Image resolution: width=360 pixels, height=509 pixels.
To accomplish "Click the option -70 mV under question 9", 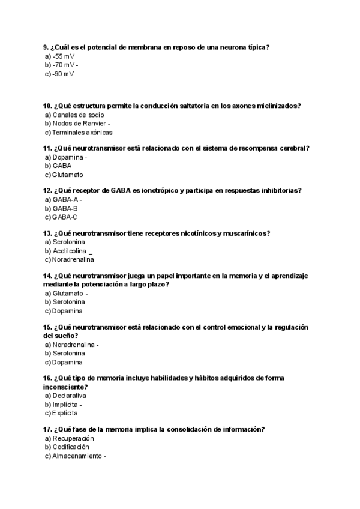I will pyautogui.click(x=63, y=65).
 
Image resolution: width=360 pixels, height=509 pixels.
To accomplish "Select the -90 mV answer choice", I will pyautogui.click(x=63, y=74).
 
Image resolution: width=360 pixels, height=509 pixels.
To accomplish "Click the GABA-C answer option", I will pyautogui.click(x=65, y=217).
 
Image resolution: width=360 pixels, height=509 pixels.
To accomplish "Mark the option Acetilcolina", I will pyautogui.click(x=70, y=251).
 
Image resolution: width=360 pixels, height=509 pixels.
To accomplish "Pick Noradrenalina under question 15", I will pyautogui.click(x=73, y=345).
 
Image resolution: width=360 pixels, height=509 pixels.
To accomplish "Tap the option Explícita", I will pyautogui.click(x=65, y=414).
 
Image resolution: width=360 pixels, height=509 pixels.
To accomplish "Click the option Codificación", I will pyautogui.click(x=71, y=447).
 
